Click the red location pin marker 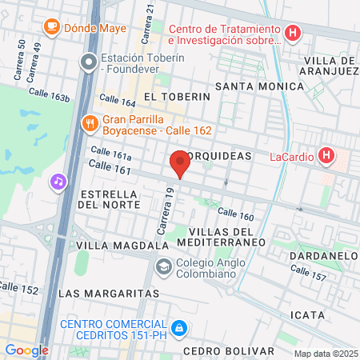[180, 162]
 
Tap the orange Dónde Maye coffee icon [53, 27]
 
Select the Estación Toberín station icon [89, 61]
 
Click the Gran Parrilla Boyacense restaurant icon [90, 123]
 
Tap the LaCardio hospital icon [326, 155]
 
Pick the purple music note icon [58, 181]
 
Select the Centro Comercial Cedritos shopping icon [181, 329]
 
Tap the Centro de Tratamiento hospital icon [294, 34]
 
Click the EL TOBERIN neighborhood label [176, 96]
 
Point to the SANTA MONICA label [252, 85]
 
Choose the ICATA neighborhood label [309, 315]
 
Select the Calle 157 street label [314, 276]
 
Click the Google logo [26, 350]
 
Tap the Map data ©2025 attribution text [326, 354]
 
